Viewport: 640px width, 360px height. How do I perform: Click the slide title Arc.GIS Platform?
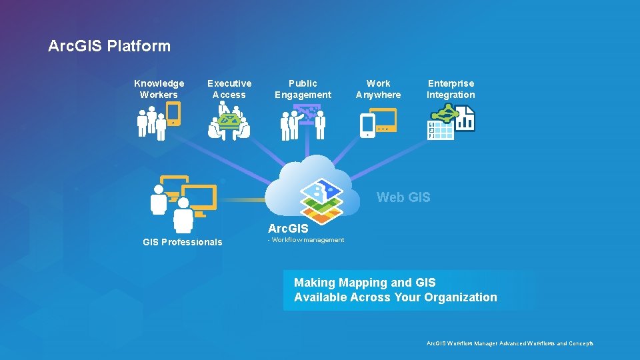tap(109, 46)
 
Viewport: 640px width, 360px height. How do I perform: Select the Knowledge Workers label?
tap(159, 89)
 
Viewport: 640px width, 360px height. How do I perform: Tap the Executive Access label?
tap(229, 89)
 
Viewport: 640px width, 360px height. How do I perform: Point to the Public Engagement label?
tap(303, 89)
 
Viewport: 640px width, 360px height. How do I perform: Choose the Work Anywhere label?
tap(378, 89)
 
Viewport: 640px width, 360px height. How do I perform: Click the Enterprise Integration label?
tap(451, 89)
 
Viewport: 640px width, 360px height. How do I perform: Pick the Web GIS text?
tap(403, 197)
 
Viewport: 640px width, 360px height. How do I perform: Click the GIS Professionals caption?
tap(183, 242)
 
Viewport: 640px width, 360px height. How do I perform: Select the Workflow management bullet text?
tap(307, 240)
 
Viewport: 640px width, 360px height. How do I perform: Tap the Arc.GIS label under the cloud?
tap(288, 229)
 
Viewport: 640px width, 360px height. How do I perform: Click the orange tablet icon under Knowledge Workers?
tap(173, 114)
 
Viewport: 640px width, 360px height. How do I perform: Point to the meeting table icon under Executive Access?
tap(229, 124)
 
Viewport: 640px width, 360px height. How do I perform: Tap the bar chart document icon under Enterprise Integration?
tap(465, 120)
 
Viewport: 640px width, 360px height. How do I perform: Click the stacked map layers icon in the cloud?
tap(321, 199)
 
